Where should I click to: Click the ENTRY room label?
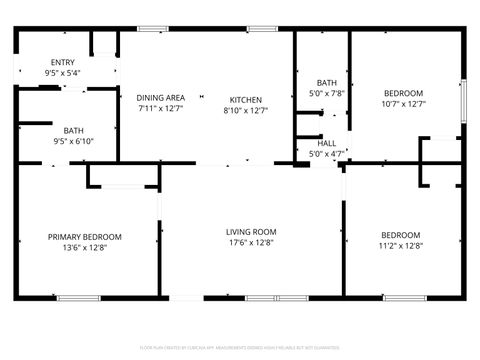coord(62,62)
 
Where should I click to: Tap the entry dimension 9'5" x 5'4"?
coord(62,73)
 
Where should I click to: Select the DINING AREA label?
coord(161,97)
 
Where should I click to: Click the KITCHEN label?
coord(245,99)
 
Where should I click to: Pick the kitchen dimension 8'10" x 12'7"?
coord(245,110)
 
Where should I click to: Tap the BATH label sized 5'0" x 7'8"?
coord(327,82)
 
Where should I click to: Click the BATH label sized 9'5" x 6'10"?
coord(74,130)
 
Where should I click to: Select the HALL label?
coord(327,143)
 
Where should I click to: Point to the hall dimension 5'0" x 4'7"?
coord(327,153)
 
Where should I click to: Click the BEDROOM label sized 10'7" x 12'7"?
coord(404,92)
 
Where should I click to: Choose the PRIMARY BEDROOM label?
coord(85,237)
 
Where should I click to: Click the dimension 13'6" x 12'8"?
coord(85,248)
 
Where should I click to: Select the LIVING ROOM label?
coord(250,231)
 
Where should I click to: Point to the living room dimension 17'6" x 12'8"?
coord(250,242)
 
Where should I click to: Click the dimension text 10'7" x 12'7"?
coord(404,103)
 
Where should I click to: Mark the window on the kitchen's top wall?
coord(262,29)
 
